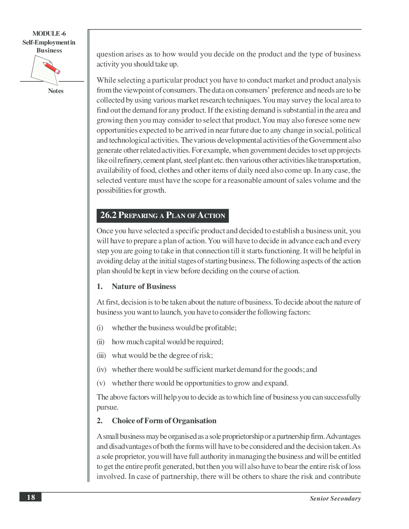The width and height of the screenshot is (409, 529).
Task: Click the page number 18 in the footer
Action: pos(30,497)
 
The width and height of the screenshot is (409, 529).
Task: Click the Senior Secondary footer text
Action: pos(335,499)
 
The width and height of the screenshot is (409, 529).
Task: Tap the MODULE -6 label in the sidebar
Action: pos(49,34)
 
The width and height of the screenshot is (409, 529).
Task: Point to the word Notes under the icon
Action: pos(56,91)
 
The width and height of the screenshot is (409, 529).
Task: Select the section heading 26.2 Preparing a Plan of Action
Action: pos(162,216)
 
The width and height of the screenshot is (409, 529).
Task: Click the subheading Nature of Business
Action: pos(144,287)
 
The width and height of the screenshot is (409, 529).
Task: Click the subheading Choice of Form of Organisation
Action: pos(164,421)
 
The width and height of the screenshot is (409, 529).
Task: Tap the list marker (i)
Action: pos(100,328)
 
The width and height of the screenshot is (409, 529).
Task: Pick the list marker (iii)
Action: pos(101,355)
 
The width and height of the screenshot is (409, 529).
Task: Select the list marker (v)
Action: pos(101,383)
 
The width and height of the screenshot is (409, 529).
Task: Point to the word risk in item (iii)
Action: pos(205,355)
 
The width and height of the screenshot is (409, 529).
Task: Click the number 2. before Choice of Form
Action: pos(99,421)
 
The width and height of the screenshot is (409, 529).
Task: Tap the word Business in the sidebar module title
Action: pos(49,50)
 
